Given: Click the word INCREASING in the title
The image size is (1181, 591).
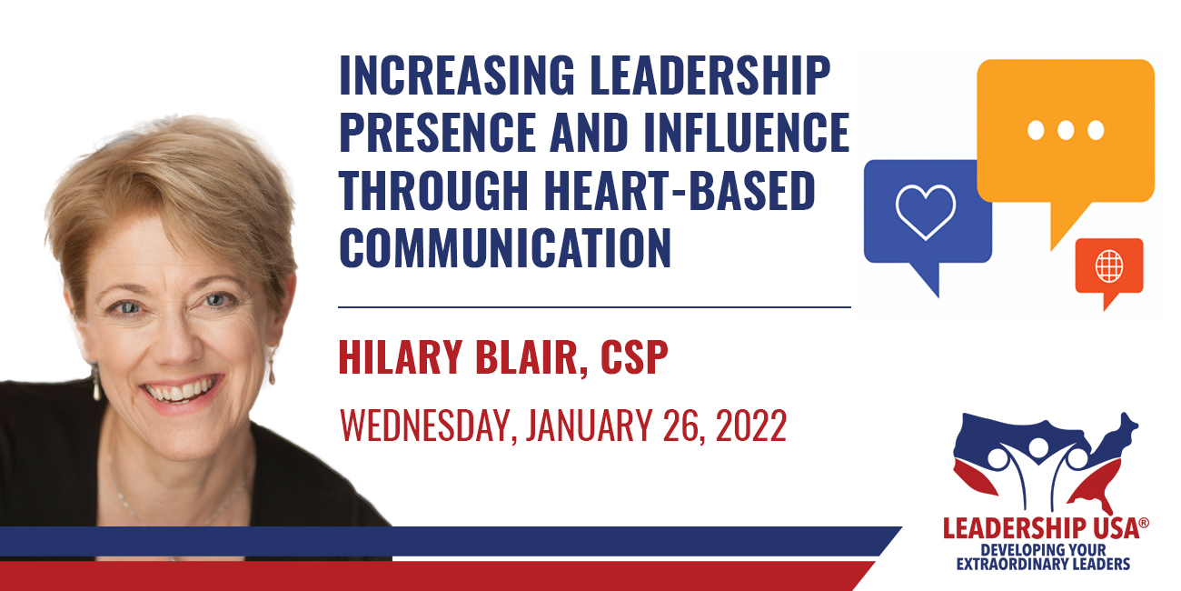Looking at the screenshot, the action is pyautogui.click(x=457, y=75).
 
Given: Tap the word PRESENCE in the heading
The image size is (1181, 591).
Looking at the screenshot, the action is pyautogui.click(x=438, y=132).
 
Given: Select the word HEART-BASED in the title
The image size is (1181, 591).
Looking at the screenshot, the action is pyautogui.click(x=680, y=190).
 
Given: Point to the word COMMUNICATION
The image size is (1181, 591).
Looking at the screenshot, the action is pyautogui.click(x=505, y=247).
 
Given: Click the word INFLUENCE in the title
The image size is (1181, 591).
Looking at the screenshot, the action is pyautogui.click(x=747, y=132).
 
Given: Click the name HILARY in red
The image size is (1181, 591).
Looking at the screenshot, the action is pyautogui.click(x=401, y=357).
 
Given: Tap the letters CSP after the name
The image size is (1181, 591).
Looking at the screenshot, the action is pyautogui.click(x=634, y=357).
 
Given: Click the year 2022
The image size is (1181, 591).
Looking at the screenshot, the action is pyautogui.click(x=751, y=425).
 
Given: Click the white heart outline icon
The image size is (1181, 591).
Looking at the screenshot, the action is pyautogui.click(x=926, y=212).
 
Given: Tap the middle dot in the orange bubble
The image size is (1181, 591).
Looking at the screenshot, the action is pyautogui.click(x=1066, y=130).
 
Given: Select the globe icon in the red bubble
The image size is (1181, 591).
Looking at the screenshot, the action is pyautogui.click(x=1109, y=265).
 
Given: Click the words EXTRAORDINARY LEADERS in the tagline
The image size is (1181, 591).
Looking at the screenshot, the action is pyautogui.click(x=1043, y=564).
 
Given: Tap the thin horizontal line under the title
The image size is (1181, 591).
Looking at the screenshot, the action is pyautogui.click(x=595, y=306).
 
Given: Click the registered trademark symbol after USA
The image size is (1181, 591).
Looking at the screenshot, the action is pyautogui.click(x=1143, y=523).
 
